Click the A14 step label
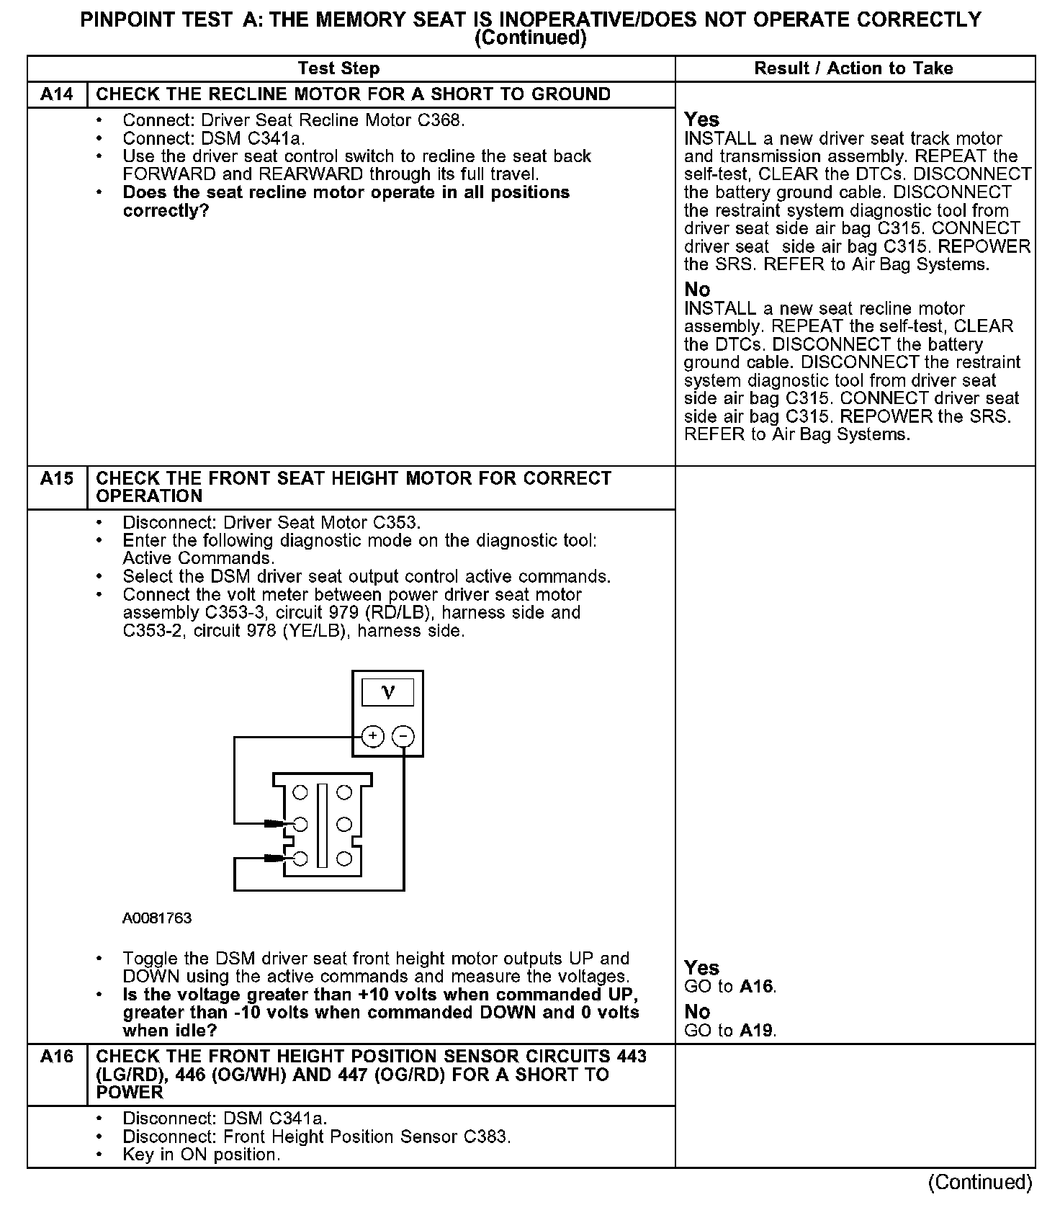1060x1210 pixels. click(x=57, y=94)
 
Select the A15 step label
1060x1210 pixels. click(x=57, y=478)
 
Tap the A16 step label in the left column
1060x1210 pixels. click(x=57, y=1057)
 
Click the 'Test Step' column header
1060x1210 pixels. click(x=338, y=68)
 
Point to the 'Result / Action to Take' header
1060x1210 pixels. click(x=853, y=68)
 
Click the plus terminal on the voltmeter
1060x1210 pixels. click(x=372, y=736)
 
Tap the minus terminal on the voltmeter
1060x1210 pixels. click(x=403, y=736)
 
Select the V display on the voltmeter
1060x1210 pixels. click(x=387, y=693)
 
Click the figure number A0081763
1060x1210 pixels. click(x=157, y=918)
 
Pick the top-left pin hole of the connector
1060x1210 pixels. click(x=301, y=792)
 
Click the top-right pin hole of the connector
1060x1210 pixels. click(x=344, y=792)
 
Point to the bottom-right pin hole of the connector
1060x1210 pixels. click(x=344, y=858)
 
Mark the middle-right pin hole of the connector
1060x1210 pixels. click(x=344, y=824)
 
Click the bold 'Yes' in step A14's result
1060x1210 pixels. click(x=701, y=120)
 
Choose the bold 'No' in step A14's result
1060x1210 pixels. click(x=697, y=290)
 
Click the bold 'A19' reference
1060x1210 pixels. click(x=758, y=1031)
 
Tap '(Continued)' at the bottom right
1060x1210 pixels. click(x=980, y=1182)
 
